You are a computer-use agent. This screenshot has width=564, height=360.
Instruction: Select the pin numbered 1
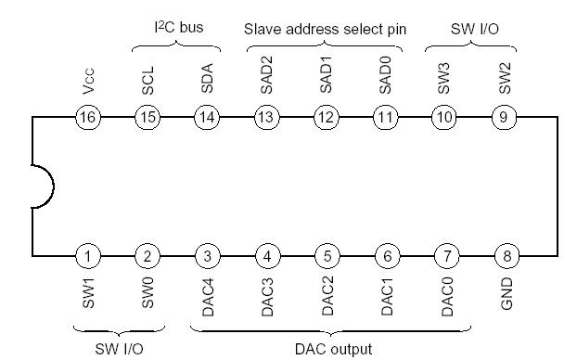point(88,255)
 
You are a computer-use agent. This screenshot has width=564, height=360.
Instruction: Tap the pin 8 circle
point(505,255)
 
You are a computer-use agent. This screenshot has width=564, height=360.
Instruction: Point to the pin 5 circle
point(327,255)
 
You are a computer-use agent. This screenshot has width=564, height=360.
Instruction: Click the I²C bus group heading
point(177,28)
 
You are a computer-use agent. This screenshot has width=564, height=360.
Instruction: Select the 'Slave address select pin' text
point(325,28)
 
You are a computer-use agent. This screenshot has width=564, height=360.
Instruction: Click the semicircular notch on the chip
point(39,186)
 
